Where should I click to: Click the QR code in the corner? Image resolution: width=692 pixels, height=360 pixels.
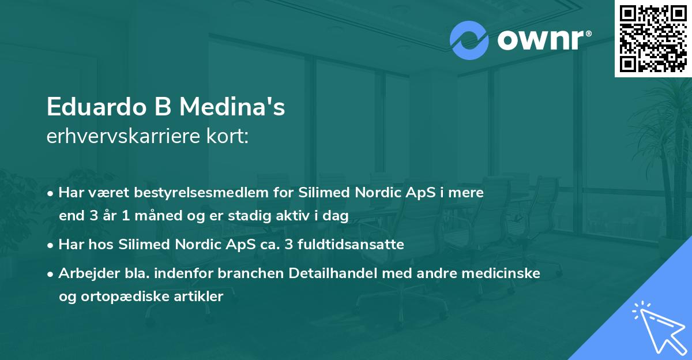tap(653, 38)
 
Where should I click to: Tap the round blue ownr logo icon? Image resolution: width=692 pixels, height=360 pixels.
tap(469, 40)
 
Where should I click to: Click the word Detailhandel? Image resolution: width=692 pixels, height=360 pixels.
tap(325, 273)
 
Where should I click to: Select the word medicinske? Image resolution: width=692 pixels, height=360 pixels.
tap(501, 273)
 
